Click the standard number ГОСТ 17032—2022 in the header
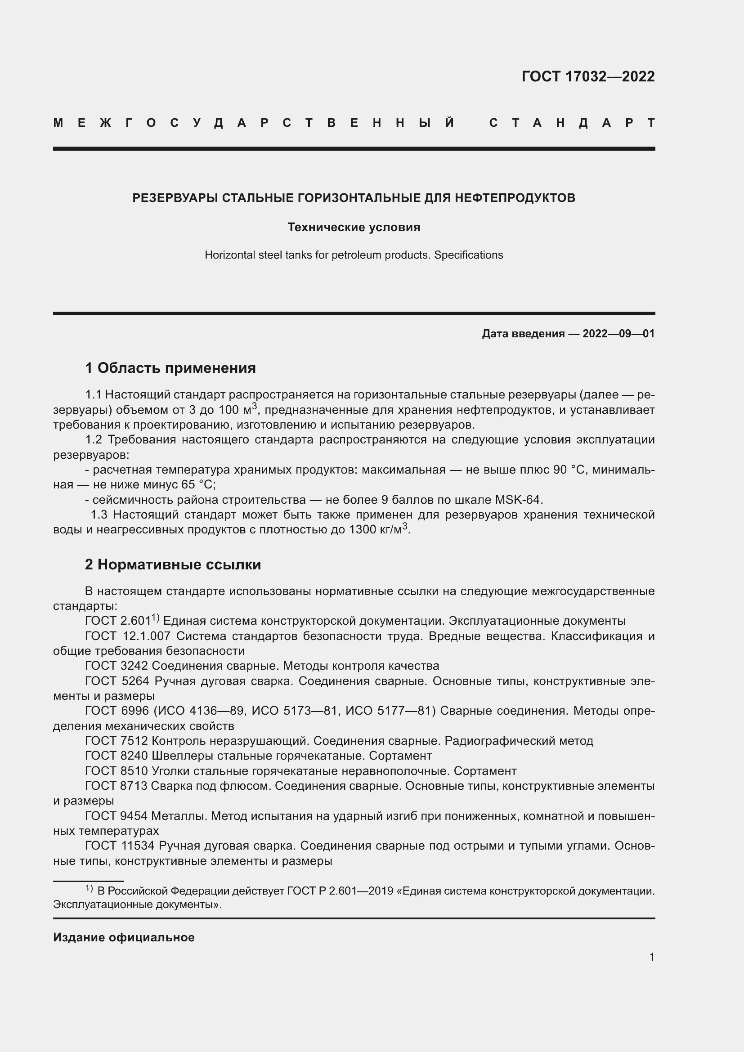[588, 76]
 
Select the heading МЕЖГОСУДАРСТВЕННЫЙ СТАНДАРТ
[354, 123]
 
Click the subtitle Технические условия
[354, 227]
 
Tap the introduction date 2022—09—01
[619, 334]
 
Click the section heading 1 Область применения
[170, 368]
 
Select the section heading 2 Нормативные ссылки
[173, 565]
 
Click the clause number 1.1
[94, 394]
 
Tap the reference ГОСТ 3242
[117, 666]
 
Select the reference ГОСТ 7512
[117, 741]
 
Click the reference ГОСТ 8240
[117, 756]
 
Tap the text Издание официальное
[124, 937]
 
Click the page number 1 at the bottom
[651, 957]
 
